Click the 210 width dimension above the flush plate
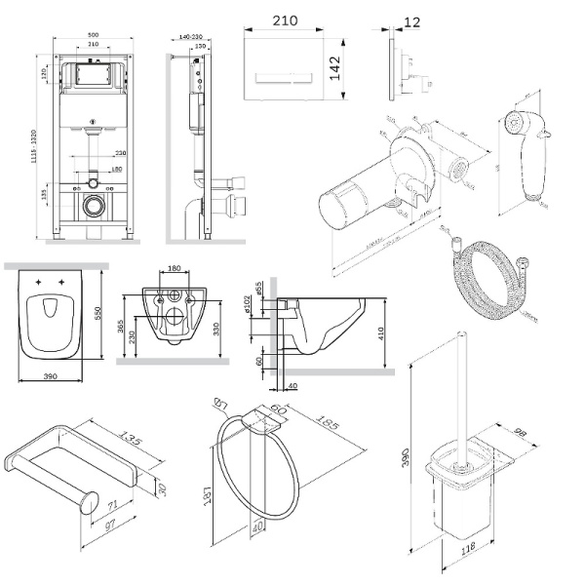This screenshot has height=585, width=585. point(285,19)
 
